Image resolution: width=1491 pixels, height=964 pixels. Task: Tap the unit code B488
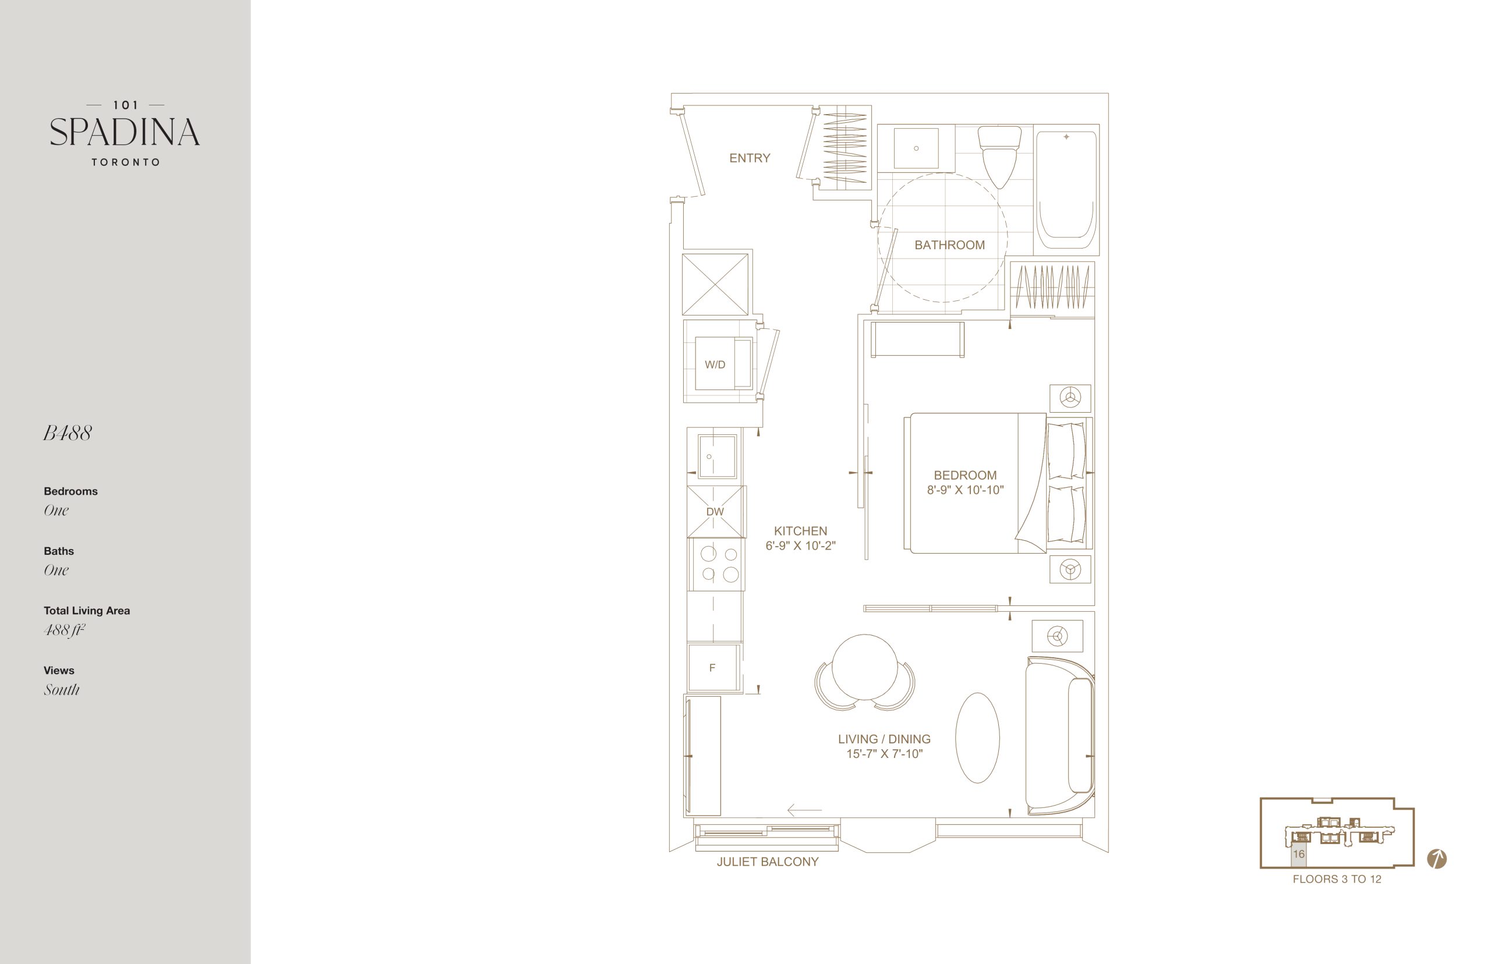coord(68,433)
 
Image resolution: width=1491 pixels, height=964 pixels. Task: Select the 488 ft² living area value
coord(65,630)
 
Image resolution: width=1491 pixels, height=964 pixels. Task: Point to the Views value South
coord(61,690)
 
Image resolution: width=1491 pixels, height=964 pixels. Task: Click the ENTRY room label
coord(750,158)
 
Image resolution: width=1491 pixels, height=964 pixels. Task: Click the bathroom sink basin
coord(916,148)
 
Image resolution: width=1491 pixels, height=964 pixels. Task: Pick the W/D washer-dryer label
coord(715,365)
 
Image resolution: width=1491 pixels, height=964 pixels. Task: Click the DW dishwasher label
coord(715,512)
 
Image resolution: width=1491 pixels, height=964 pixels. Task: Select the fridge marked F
coord(713,668)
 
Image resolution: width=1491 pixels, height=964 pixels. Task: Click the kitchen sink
coord(716,456)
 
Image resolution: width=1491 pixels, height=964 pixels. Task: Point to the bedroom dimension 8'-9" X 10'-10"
coord(965,490)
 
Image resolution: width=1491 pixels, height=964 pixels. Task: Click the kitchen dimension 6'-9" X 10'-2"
coord(800,546)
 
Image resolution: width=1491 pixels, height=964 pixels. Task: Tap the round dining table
coord(865,667)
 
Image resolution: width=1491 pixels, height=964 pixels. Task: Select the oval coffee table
coord(977,738)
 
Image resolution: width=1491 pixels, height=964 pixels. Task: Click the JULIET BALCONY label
coord(768,862)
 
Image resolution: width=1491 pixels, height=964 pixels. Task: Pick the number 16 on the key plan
coord(1299,854)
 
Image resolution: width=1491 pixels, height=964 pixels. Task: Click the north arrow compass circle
coord(1436,859)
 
